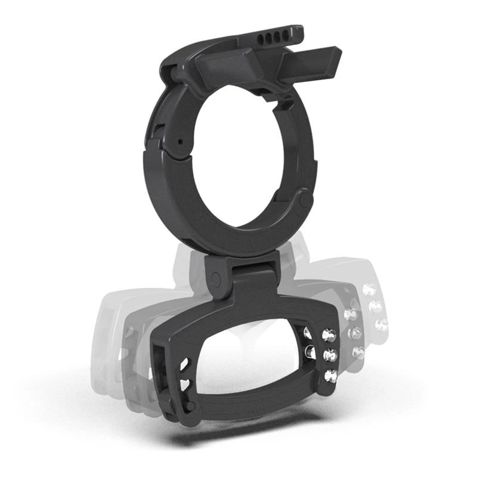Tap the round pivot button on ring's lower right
305,199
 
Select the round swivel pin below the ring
216,278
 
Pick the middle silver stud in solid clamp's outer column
329,356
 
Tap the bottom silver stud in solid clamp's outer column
331,376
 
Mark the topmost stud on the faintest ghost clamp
370,290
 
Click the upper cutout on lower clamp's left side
184,363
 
